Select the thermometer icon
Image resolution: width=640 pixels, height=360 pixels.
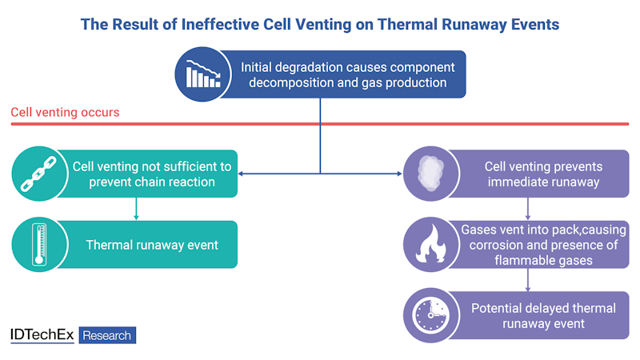pos(38,244)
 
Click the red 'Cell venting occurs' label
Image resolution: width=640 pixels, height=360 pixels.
pos(65,112)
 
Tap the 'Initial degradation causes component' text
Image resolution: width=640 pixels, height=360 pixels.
pos(347,66)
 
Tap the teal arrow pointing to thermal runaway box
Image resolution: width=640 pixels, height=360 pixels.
pos(137,212)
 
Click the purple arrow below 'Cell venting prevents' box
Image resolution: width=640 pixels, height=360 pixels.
pos(527,211)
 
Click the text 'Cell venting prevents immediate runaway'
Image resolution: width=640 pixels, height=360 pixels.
pos(543,174)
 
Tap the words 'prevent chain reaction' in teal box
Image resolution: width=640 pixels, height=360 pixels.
pos(152,182)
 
